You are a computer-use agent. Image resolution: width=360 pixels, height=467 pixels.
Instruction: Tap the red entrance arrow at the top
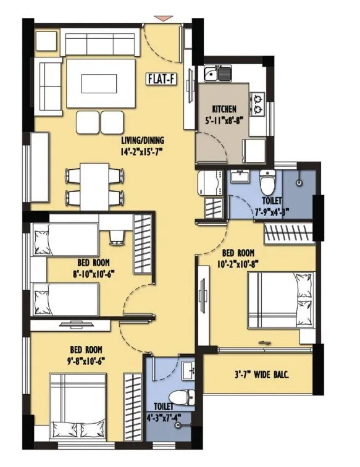[161, 19]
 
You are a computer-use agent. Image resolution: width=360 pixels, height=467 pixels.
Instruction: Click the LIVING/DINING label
[145, 140]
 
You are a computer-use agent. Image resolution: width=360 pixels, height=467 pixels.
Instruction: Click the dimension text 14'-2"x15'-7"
[145, 151]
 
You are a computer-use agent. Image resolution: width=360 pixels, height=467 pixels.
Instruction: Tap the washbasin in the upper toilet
[237, 178]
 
